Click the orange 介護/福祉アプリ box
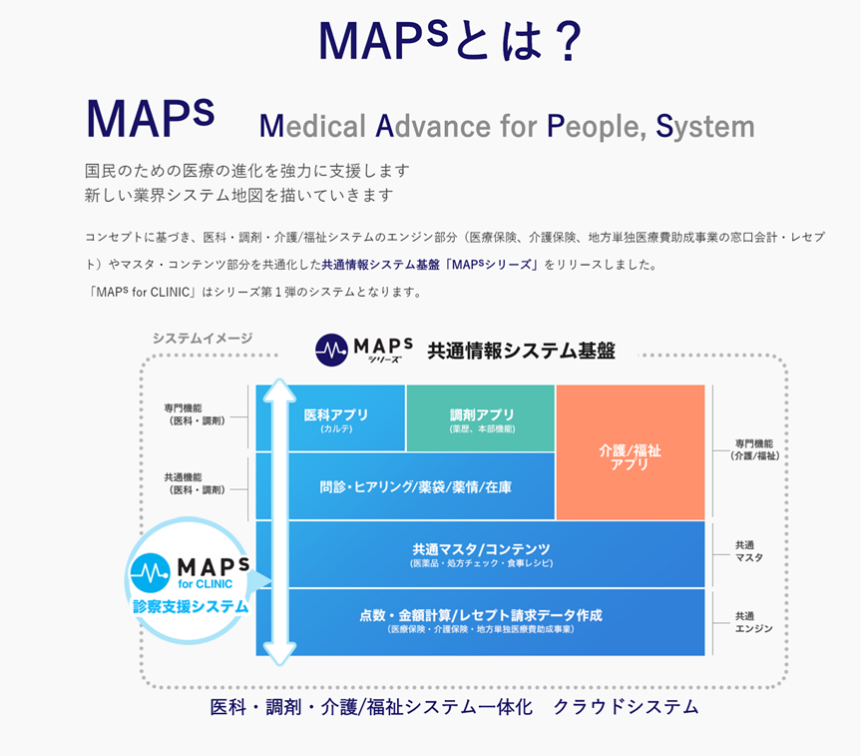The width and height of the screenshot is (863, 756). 631,452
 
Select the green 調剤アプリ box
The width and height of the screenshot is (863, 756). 481,418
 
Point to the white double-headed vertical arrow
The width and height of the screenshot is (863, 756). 279,521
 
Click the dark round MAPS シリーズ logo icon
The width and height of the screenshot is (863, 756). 331,350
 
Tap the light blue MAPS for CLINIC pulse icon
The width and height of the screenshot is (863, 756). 151,573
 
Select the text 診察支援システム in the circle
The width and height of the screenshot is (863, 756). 191,606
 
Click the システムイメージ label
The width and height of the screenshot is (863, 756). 203,338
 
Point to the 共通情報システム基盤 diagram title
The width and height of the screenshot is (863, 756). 521,351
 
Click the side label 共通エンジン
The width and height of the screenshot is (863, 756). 753,622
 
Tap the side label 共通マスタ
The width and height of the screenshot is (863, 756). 749,551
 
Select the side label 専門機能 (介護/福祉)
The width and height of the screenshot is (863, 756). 754,449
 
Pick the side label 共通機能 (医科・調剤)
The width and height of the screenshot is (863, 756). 195,483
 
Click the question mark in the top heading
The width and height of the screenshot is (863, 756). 568,42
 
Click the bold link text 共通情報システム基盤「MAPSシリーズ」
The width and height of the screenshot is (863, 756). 430,265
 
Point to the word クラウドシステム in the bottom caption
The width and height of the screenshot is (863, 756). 626,707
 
